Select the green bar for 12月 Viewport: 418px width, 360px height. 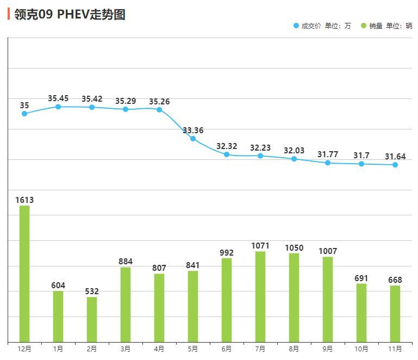(24, 274)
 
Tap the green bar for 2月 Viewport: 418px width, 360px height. (92, 319)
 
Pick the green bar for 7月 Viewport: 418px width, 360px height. (260, 296)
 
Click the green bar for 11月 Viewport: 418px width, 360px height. (395, 313)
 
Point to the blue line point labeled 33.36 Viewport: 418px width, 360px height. (193, 139)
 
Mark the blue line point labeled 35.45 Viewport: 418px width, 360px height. (58, 107)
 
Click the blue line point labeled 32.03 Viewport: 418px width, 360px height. (294, 159)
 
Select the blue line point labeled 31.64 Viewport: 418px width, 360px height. (395, 165)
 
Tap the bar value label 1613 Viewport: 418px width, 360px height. (24, 200)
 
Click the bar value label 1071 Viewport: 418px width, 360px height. (260, 246)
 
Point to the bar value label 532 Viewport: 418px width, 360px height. (92, 291)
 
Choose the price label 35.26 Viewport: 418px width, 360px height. (159, 101)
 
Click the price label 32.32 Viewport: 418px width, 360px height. (227, 146)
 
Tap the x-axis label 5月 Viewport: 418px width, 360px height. (193, 349)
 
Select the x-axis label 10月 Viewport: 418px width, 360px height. (361, 349)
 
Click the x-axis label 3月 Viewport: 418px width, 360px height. (126, 349)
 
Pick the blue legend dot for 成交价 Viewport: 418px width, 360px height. (296, 26)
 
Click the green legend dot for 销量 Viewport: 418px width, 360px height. (364, 26)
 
